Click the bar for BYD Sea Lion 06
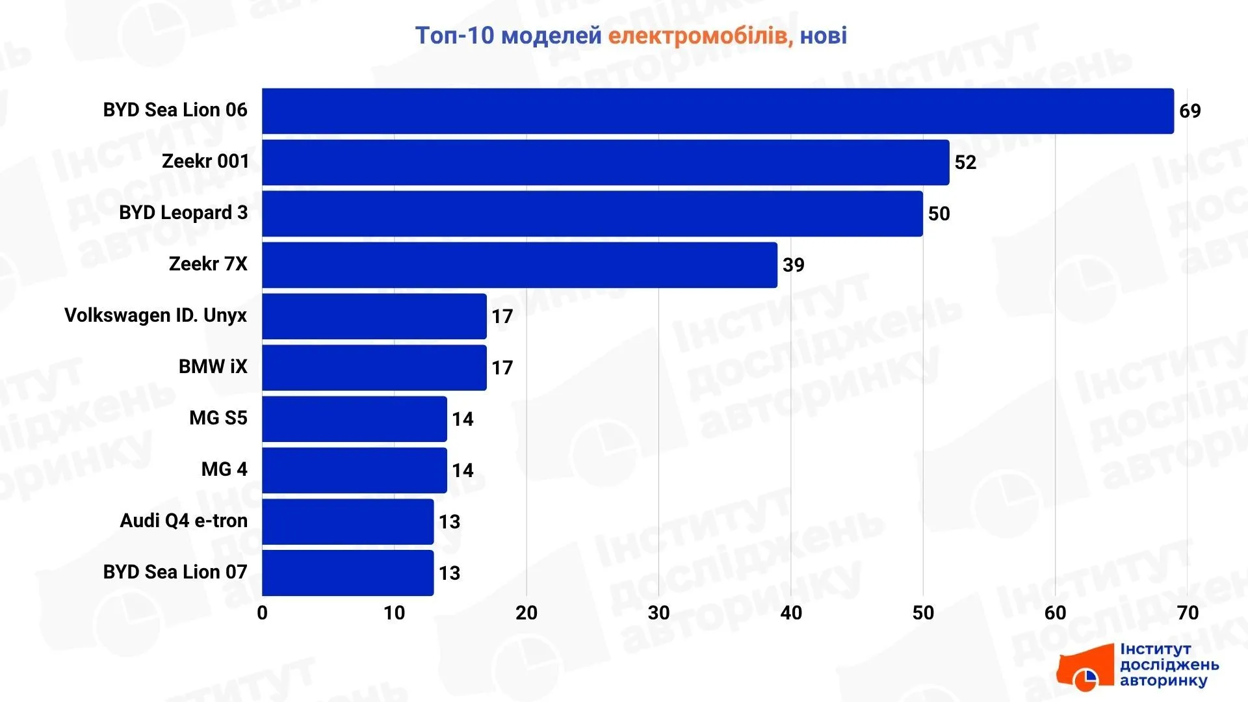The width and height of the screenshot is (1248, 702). (718, 111)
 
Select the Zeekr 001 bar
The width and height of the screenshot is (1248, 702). (606, 162)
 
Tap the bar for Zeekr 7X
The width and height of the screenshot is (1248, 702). (520, 265)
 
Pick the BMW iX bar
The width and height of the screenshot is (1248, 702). (374, 368)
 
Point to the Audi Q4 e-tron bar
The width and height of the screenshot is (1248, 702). (348, 522)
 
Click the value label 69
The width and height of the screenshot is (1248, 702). (1190, 111)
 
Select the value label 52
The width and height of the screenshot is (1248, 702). (965, 162)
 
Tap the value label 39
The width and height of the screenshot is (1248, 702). (794, 265)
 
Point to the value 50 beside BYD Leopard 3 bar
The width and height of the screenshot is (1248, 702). (939, 214)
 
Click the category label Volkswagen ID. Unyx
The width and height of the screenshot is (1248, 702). (156, 315)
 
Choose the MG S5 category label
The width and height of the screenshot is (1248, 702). (218, 418)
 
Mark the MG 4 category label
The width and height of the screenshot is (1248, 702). (224, 469)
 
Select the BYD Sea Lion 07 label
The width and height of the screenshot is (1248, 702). (175, 572)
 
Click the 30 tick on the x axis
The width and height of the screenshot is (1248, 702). (659, 613)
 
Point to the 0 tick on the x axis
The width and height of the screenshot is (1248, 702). (263, 613)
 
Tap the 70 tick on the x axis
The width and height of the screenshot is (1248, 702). (1188, 613)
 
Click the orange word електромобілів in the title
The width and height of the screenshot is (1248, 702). (701, 36)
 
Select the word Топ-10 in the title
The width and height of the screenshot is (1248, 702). (455, 36)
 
